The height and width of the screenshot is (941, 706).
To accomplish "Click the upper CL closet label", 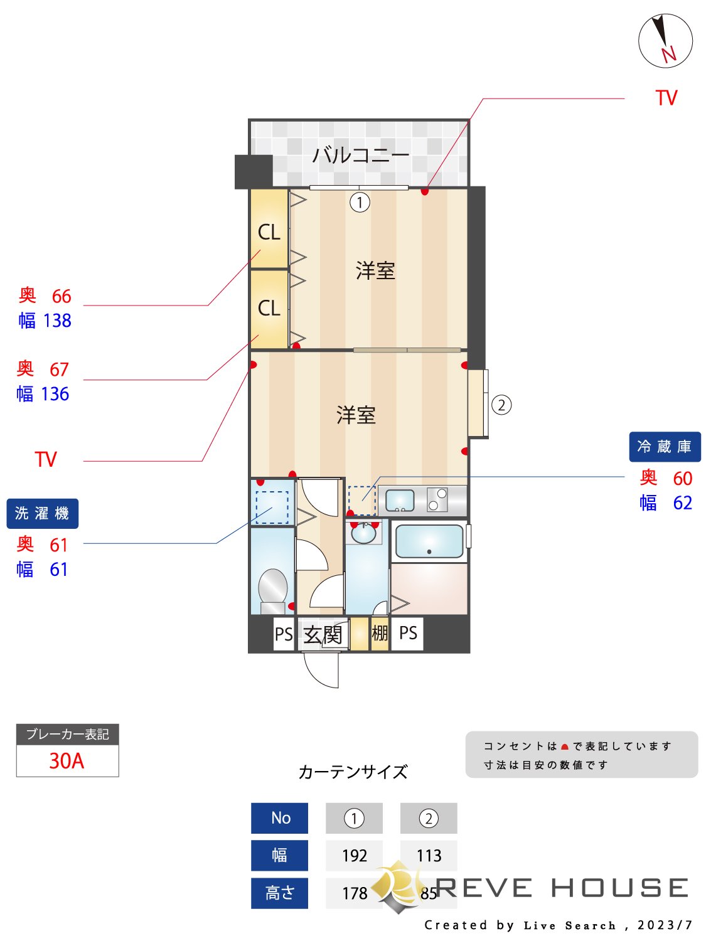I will tap(269, 232).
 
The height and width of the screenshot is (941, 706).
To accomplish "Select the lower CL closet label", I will tap(269, 308).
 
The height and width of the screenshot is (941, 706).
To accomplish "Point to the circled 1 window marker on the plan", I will tap(360, 203).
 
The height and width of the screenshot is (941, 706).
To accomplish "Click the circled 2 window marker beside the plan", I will tap(501, 405).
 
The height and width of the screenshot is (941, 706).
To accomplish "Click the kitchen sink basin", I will tap(400, 500).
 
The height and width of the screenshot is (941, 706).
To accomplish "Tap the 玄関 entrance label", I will tap(323, 635).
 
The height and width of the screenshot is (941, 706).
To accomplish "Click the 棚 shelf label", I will tap(380, 633).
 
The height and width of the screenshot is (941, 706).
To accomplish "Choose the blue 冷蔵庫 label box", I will tap(665, 447).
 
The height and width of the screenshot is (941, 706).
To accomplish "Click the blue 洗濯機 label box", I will tap(42, 514).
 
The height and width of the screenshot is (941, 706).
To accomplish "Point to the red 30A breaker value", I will tap(67, 761).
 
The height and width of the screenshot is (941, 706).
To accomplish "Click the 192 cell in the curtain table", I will tap(354, 856).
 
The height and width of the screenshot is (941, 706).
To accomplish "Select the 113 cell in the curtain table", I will tap(429, 856).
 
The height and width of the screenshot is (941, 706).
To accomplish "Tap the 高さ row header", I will tap(279, 893).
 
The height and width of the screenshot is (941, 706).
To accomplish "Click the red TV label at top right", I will tap(666, 98).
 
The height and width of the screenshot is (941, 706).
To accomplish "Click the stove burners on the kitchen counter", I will tap(437, 499).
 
